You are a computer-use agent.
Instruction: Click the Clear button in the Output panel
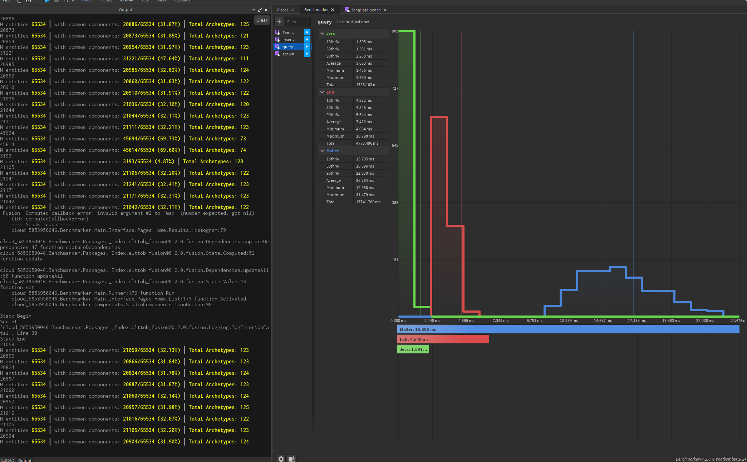tap(262, 20)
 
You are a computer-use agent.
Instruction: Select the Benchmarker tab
tap(316, 10)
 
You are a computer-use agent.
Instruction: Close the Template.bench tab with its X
tap(385, 10)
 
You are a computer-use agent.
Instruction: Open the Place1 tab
tap(282, 10)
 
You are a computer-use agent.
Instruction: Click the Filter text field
tap(297, 22)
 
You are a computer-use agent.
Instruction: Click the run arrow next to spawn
tap(307, 54)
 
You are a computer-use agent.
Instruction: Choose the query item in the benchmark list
tap(288, 47)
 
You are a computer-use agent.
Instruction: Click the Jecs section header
tap(331, 34)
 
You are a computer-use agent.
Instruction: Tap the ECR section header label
tap(330, 92)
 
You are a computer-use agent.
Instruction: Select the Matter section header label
tap(332, 151)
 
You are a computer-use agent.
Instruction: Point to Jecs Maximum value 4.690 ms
tap(364, 78)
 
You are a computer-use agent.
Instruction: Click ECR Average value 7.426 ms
tap(364, 122)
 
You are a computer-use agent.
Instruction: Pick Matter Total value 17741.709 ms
tap(368, 202)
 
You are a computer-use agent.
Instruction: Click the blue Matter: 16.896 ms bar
tap(568, 329)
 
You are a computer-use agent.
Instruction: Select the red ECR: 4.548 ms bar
tap(443, 339)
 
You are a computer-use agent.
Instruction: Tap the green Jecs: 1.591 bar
tap(413, 349)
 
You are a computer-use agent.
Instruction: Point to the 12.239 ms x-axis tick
tap(569, 321)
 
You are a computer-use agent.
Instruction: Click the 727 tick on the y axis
tap(395, 88)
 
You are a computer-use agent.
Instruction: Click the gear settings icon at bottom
tap(281, 459)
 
